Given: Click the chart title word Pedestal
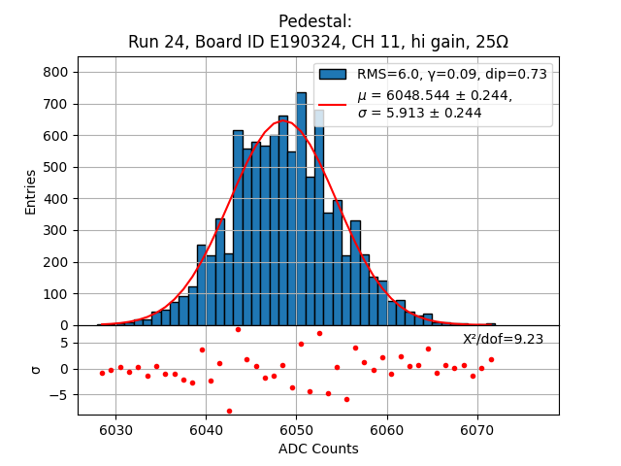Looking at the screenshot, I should pos(315,21).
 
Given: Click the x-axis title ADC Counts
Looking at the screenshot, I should pos(318,449).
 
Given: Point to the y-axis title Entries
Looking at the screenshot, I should pos(31,191).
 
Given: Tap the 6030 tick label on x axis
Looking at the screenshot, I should pos(115,430).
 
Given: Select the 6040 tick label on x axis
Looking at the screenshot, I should pos(206,430).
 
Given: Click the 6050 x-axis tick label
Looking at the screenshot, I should pos(296,430).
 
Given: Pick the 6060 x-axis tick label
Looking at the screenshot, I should pos(387,430).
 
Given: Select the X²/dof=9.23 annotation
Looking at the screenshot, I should pos(503,339).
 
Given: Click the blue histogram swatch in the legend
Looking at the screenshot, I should pos(333,74).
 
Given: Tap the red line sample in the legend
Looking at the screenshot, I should pos(333,104).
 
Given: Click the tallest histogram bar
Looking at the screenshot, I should pos(301,209).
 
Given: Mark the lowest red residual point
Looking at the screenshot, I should pos(229,411).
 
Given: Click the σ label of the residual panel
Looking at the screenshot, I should pos(36,369).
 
